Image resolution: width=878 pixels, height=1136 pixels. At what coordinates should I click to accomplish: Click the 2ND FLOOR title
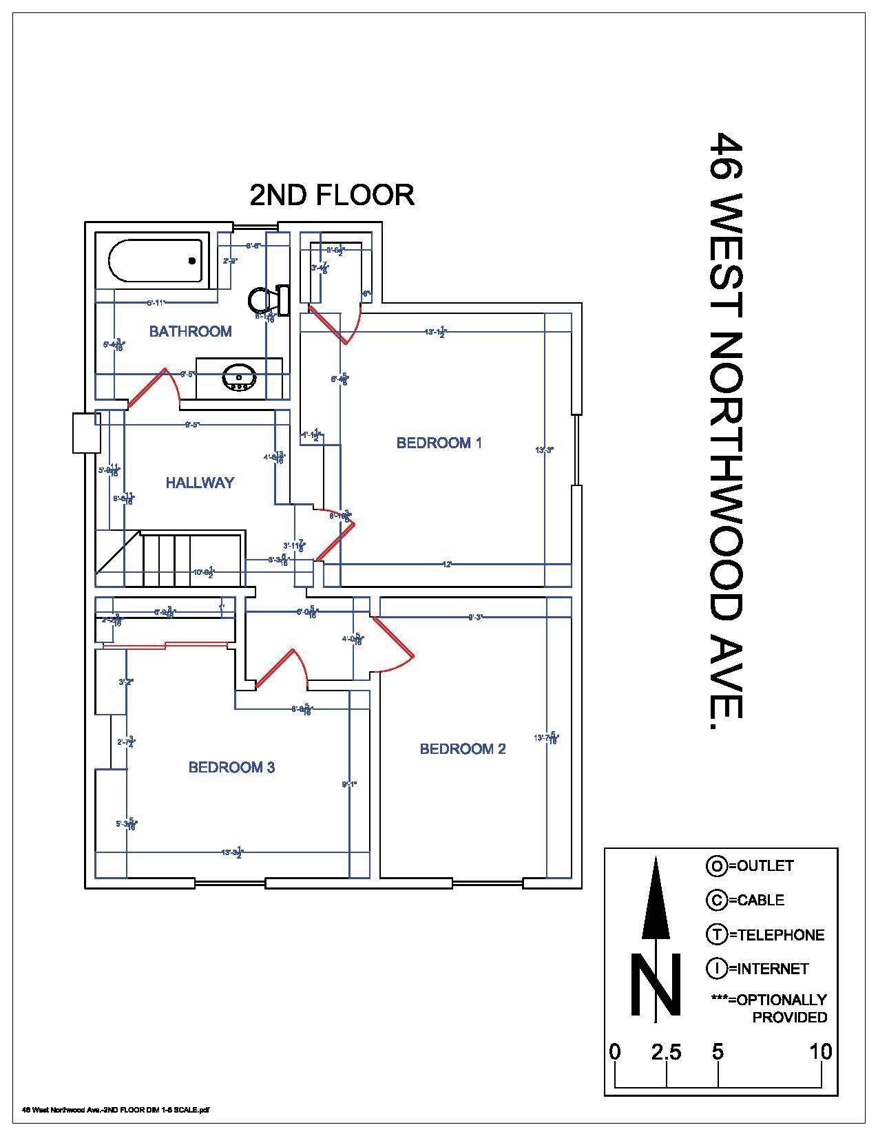click(x=331, y=195)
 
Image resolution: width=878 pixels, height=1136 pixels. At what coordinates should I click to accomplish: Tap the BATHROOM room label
click(x=190, y=331)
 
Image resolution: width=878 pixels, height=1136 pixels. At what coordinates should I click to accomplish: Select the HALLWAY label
click(x=200, y=483)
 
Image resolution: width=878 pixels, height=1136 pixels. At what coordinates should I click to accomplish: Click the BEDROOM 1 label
click(x=439, y=443)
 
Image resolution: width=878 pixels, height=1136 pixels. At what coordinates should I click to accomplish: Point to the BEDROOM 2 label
click(x=463, y=748)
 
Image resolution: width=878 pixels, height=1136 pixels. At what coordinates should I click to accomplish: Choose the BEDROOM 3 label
click(x=231, y=767)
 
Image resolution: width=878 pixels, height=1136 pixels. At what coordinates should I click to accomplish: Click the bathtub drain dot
click(x=192, y=260)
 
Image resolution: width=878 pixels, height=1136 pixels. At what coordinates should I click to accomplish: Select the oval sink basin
click(x=239, y=378)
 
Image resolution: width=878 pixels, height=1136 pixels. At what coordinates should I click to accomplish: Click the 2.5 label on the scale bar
click(x=666, y=1052)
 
